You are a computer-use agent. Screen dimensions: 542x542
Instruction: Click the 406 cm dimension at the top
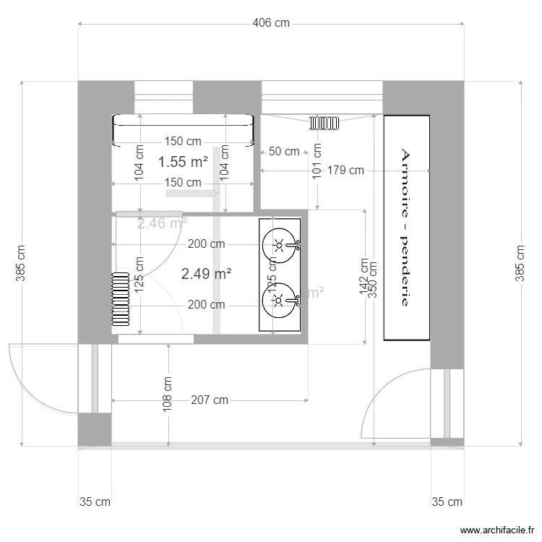click(x=271, y=23)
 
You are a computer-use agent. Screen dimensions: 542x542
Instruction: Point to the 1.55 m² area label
click(x=184, y=163)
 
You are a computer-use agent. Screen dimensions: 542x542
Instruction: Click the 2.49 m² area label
click(x=206, y=274)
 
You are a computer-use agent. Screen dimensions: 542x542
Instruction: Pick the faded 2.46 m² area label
click(x=162, y=223)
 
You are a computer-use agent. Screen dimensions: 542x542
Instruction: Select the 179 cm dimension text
click(x=345, y=171)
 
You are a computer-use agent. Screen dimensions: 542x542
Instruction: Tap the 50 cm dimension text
click(x=284, y=152)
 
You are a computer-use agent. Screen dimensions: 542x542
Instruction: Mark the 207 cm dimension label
click(x=210, y=400)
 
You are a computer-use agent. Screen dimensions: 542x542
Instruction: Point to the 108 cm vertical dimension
click(x=168, y=394)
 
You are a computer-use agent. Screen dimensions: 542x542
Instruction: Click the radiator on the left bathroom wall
click(x=120, y=298)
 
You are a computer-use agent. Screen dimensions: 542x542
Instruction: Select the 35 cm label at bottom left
click(x=95, y=502)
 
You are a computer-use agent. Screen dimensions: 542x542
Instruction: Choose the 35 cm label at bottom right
click(x=447, y=502)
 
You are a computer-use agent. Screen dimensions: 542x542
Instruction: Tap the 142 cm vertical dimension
click(x=364, y=277)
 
